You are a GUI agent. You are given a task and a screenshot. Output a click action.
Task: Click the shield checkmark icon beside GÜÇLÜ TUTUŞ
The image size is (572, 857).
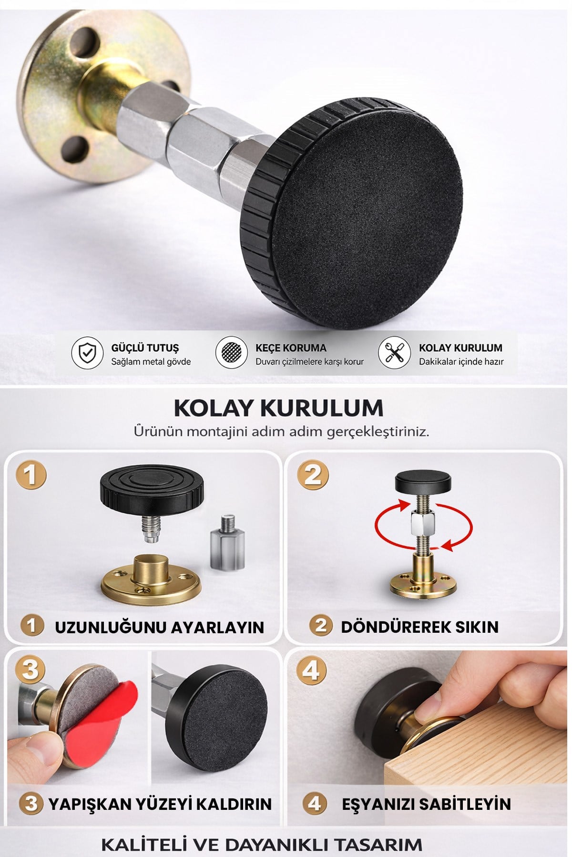pyautogui.click(x=87, y=353)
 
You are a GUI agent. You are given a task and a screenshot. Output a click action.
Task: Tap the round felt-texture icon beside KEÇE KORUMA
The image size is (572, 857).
pyautogui.click(x=231, y=353)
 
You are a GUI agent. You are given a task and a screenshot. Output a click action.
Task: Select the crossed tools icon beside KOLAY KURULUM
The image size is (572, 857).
pyautogui.click(x=394, y=353)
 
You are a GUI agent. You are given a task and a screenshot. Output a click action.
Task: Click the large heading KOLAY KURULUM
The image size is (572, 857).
pyautogui.click(x=278, y=408)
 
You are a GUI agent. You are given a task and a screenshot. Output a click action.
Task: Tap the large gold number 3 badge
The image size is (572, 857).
pyautogui.click(x=31, y=670)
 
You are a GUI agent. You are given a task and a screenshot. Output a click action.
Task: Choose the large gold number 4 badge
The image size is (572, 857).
pyautogui.click(x=311, y=670)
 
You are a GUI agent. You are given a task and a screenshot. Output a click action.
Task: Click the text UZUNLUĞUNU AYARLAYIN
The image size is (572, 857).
pyautogui.click(x=159, y=627)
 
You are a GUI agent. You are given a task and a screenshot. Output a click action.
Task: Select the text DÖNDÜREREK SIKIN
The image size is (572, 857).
pyautogui.click(x=419, y=627)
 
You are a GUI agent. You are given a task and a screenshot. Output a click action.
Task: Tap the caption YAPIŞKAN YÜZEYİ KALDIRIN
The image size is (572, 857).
pyautogui.click(x=160, y=804)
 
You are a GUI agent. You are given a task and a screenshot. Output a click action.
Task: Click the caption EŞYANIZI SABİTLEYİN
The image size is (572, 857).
pyautogui.click(x=426, y=804)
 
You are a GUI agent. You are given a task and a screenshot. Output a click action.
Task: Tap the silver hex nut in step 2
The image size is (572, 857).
pyautogui.click(x=422, y=523)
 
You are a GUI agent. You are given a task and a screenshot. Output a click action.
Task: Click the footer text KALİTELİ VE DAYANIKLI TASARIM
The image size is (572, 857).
pyautogui.click(x=262, y=845)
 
